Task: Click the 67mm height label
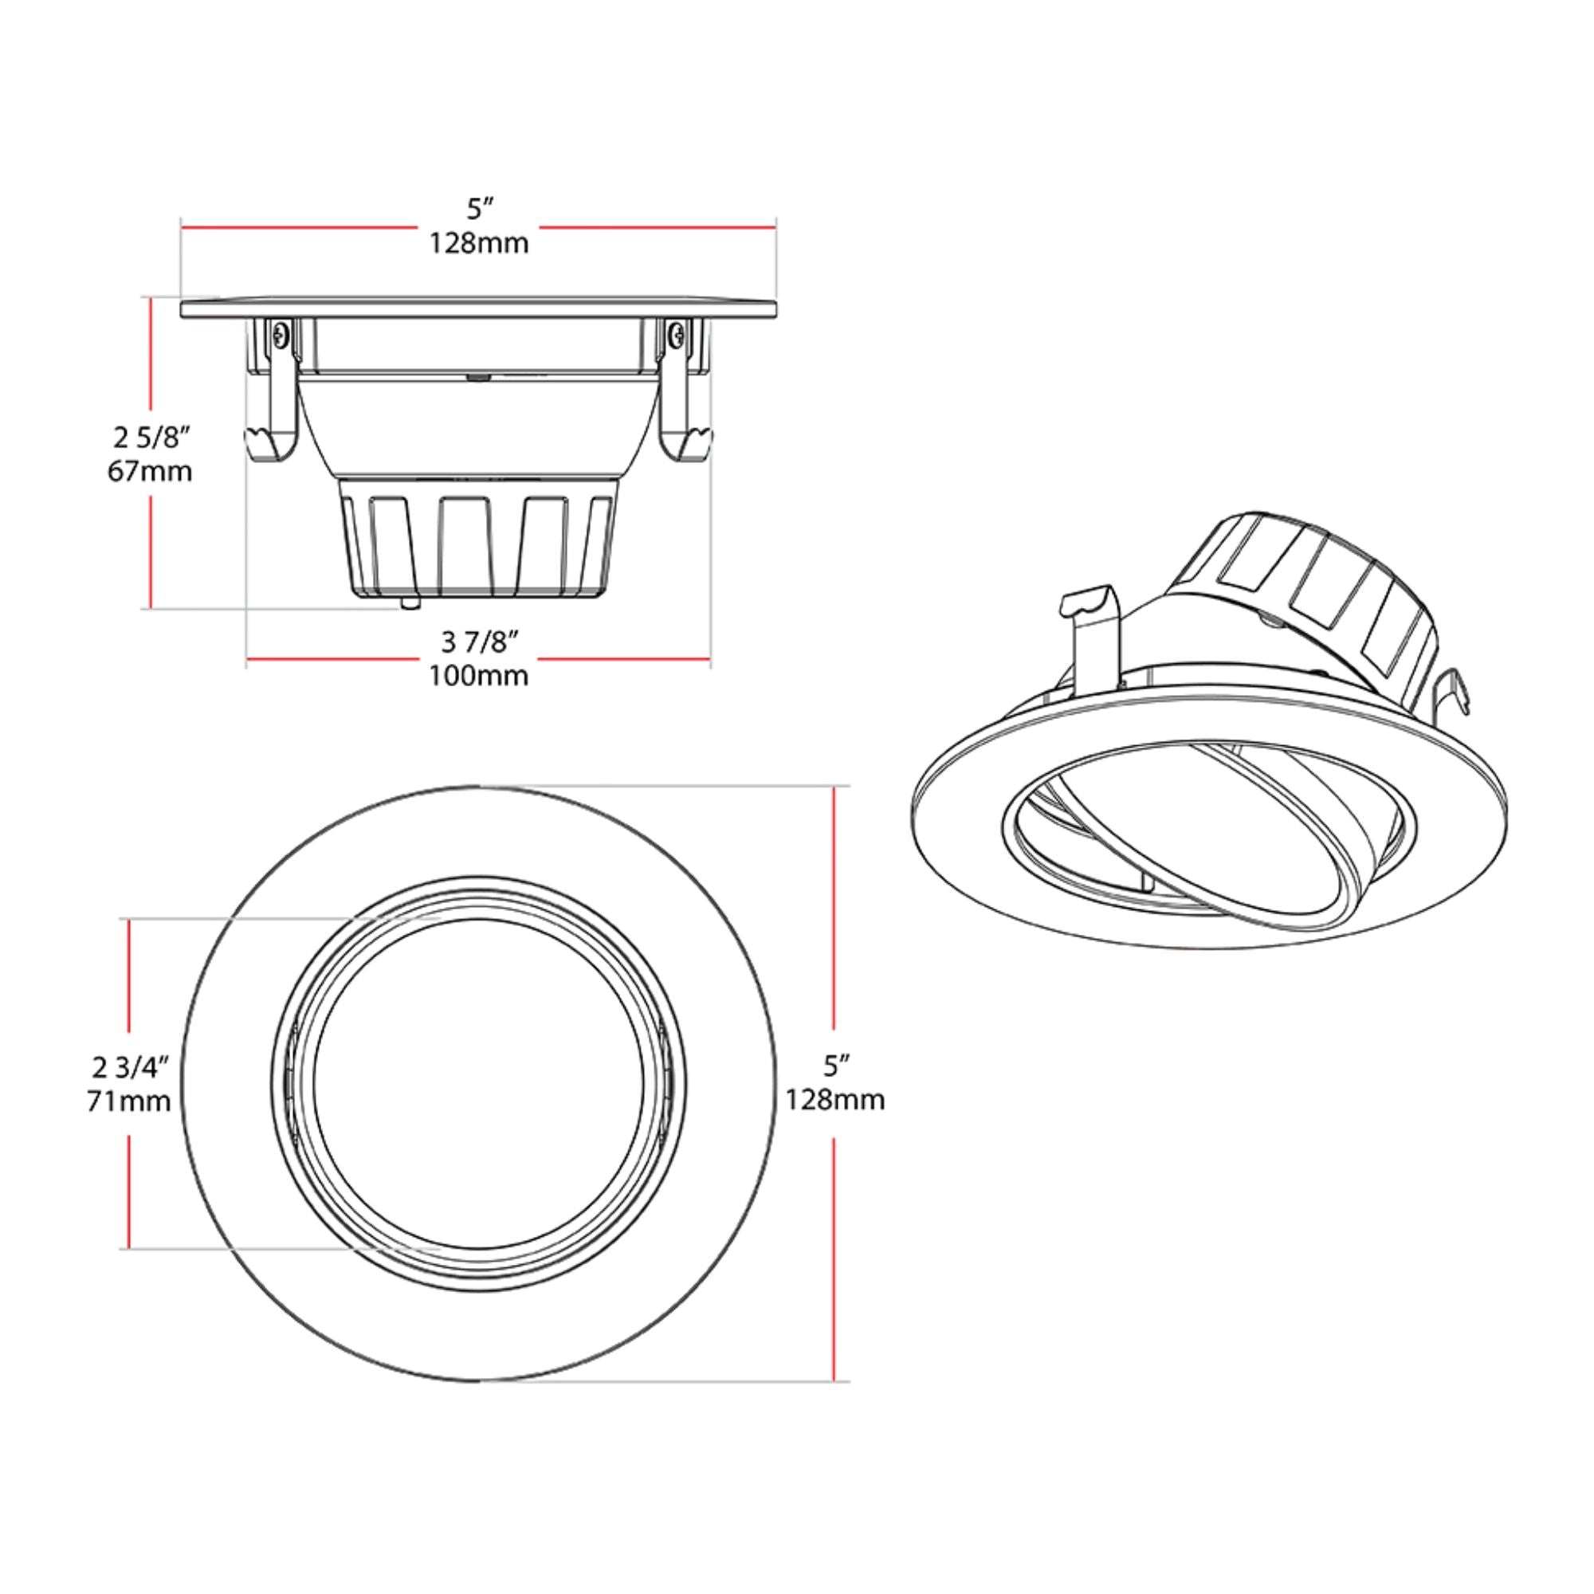[149, 471]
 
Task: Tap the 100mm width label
[477, 676]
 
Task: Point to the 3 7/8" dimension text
[478, 641]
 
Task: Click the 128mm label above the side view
[478, 243]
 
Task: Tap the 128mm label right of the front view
[834, 1100]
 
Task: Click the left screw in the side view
[281, 334]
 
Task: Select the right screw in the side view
[677, 334]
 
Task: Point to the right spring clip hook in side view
[691, 446]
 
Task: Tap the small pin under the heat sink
[409, 603]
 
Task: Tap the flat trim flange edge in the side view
[478, 308]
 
